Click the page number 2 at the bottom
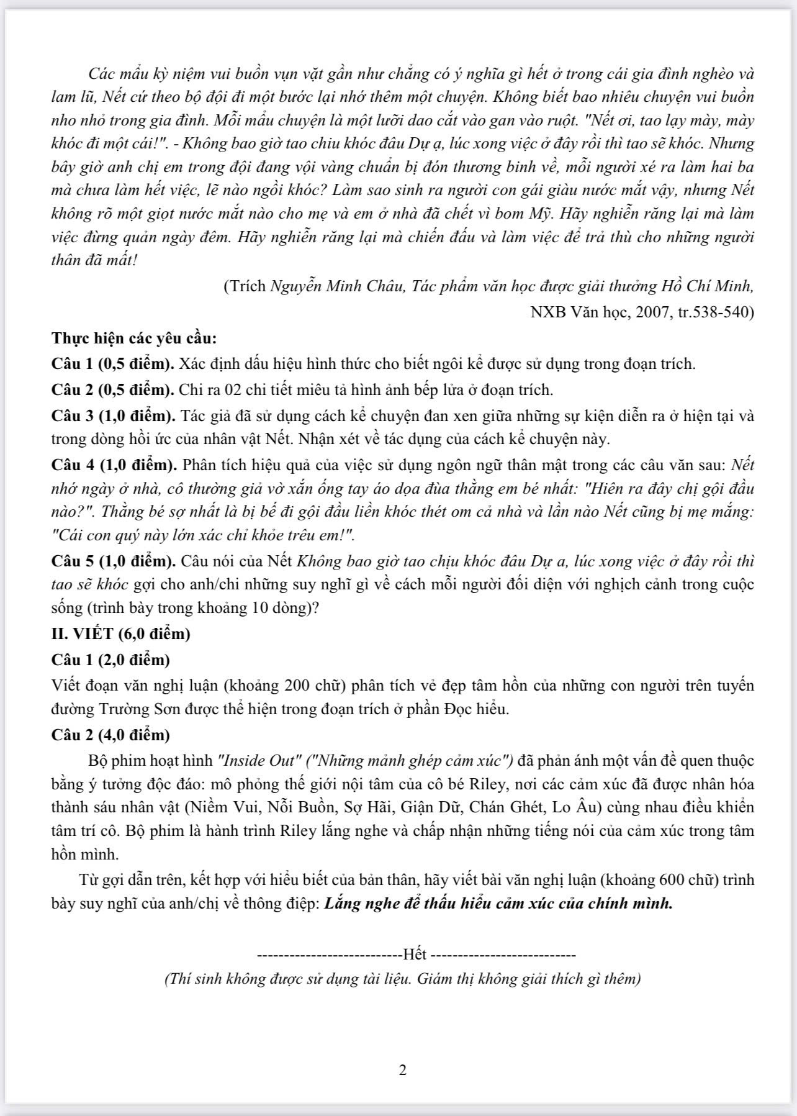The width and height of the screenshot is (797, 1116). click(x=402, y=1070)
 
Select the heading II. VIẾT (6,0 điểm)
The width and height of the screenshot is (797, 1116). click(x=120, y=633)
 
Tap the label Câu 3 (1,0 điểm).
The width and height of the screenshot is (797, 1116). click(x=113, y=415)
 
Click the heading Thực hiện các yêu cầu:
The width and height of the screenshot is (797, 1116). click(x=134, y=338)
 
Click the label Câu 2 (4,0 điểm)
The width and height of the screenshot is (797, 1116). click(x=110, y=735)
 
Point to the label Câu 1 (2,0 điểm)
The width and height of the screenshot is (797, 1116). click(x=110, y=659)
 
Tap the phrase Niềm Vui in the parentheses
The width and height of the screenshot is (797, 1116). click(x=239, y=807)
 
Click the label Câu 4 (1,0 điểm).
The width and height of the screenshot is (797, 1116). click(x=113, y=465)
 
